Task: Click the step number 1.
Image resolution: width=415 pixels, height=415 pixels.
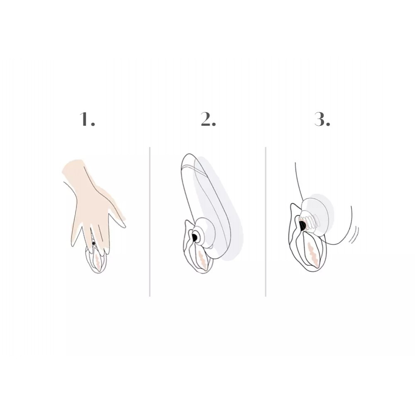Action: pos(87,119)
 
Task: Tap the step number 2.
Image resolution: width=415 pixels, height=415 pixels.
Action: pos(208,119)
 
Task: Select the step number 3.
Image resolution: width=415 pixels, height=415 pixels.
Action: pos(322,119)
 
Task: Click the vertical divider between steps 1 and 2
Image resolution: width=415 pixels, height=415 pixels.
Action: pos(150,222)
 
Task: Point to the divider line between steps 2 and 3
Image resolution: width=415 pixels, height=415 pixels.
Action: pos(266,222)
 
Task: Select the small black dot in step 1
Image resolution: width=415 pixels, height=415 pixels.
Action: pos(93,243)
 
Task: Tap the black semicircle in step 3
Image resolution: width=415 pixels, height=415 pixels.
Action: pos(302,225)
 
